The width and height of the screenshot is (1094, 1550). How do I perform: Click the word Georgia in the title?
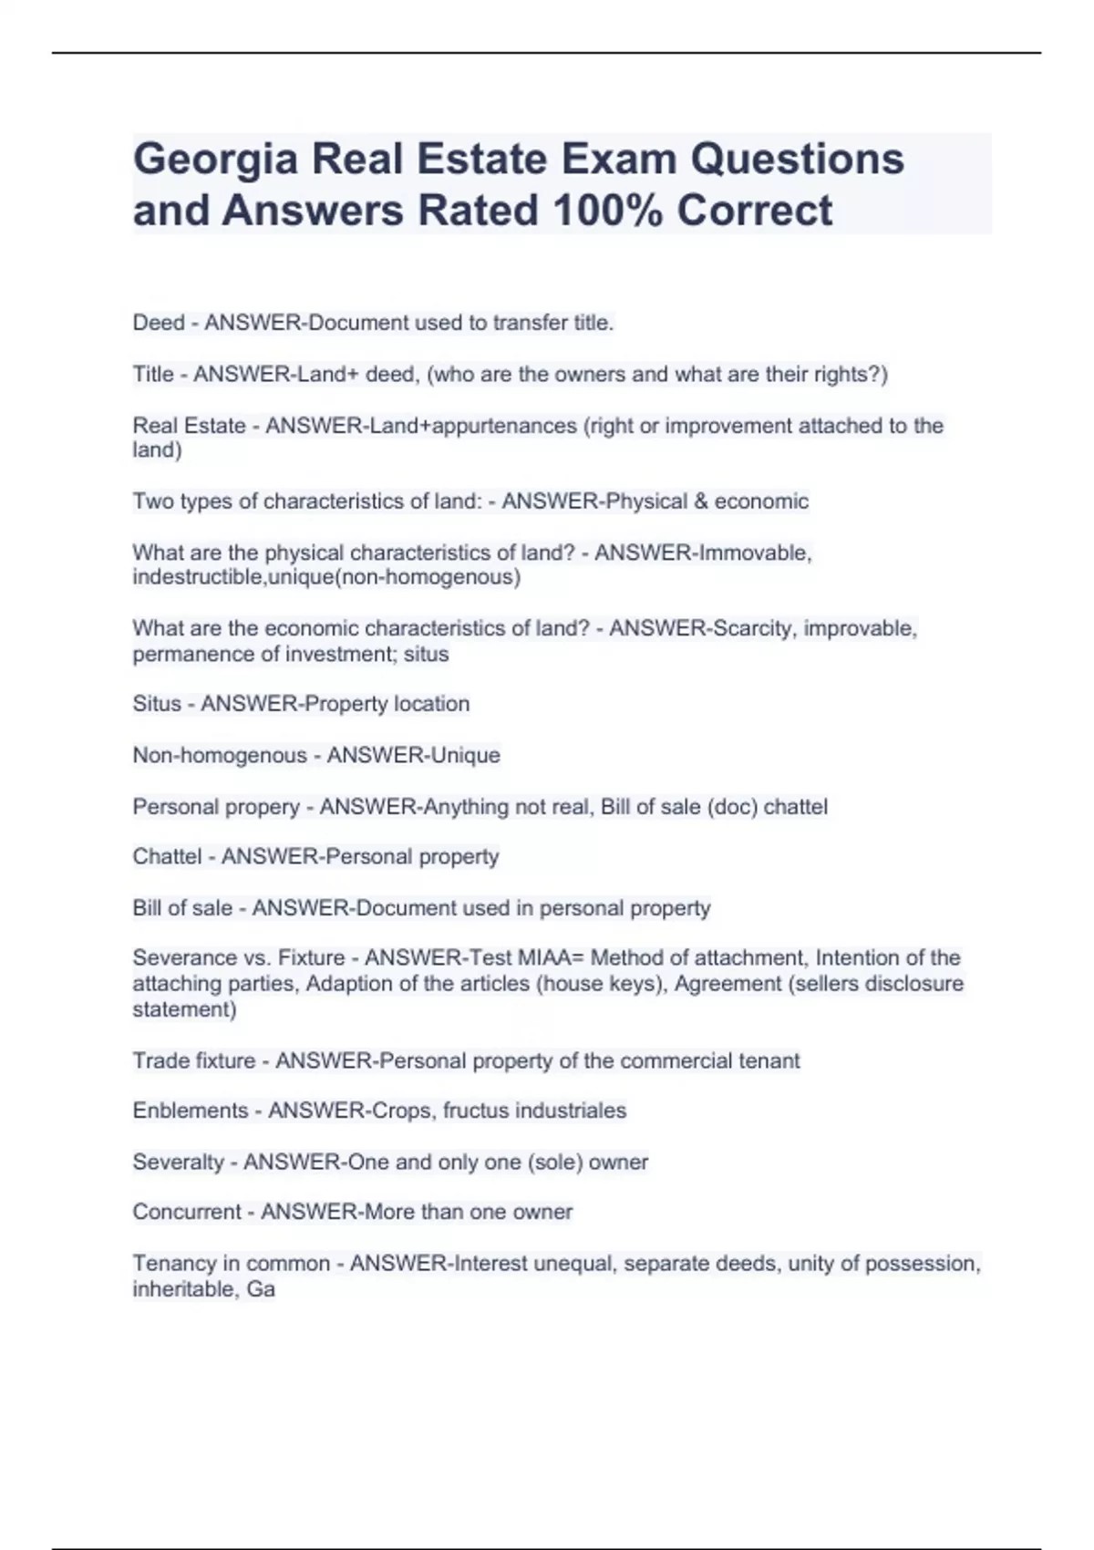215,160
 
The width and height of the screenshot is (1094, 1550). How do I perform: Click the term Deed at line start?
158,323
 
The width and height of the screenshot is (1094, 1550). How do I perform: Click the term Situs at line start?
157,704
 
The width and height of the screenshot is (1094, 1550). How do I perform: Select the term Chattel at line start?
167,857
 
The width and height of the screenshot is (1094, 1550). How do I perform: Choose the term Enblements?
190,1111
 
